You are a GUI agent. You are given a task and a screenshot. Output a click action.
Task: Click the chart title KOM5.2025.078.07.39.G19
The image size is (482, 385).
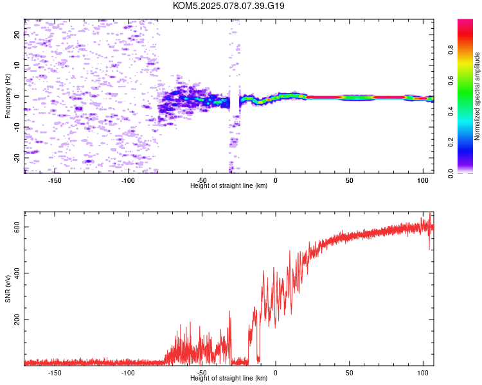click(228, 6)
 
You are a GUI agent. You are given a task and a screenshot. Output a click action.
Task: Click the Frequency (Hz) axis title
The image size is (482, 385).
click(8, 96)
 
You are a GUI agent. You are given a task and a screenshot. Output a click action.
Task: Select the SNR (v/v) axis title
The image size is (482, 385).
click(8, 289)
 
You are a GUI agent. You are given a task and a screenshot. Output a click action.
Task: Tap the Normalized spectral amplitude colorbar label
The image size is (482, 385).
click(477, 96)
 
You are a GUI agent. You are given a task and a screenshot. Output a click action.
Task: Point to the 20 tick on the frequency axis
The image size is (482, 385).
click(17, 35)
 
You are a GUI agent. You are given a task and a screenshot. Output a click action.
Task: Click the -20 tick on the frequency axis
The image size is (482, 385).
click(17, 158)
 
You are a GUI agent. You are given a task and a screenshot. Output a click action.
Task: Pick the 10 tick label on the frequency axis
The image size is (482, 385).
click(17, 65)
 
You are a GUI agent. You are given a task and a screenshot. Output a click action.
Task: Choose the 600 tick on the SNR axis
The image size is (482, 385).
click(17, 227)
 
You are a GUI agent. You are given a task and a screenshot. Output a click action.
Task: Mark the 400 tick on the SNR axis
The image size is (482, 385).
click(17, 273)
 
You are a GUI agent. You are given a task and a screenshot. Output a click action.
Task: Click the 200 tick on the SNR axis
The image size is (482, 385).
click(17, 320)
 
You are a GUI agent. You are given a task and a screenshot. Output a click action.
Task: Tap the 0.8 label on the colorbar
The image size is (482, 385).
click(451, 50)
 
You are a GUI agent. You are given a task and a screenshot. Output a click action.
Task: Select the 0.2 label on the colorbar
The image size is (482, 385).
click(451, 142)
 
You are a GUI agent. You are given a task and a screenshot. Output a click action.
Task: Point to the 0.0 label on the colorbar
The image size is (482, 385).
click(451, 173)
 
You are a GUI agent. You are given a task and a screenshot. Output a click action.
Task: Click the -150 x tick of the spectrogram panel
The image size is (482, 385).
click(55, 180)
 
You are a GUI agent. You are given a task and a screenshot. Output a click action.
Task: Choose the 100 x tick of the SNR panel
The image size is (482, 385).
click(423, 373)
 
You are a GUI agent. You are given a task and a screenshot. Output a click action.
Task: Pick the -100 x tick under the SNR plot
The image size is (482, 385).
click(128, 373)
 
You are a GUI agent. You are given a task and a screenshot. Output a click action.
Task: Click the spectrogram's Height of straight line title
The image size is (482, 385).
click(229, 185)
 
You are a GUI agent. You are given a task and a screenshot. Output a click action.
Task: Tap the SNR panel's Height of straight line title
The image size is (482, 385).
click(229, 378)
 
